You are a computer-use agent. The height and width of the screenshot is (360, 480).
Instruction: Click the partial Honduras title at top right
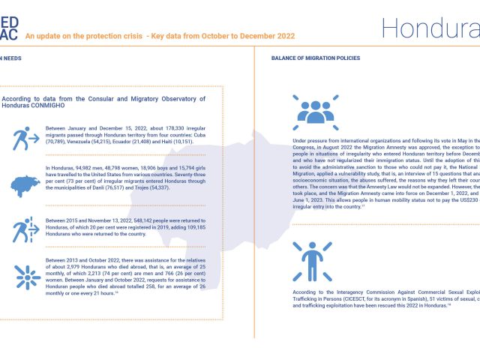coord(430,28)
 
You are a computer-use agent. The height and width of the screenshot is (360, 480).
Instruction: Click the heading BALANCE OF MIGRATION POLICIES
coord(315,58)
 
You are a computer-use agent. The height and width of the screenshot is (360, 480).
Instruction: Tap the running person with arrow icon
coord(26,139)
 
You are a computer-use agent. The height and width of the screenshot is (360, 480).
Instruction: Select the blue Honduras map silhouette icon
coord(26,184)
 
